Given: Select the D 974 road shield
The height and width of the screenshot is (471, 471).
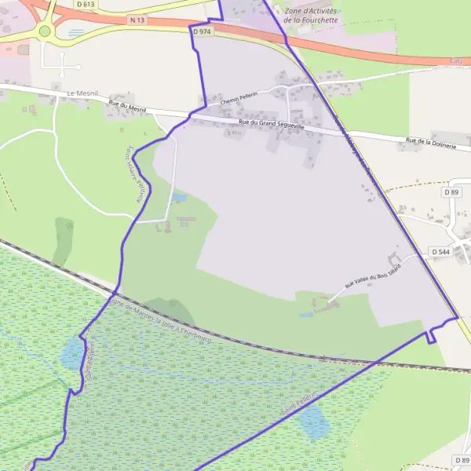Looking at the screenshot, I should (202, 31).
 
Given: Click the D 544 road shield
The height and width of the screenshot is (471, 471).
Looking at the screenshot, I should (440, 252).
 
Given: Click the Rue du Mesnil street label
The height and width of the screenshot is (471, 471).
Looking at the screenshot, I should (128, 106).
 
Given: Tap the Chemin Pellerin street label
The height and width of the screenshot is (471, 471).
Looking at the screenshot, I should (239, 99).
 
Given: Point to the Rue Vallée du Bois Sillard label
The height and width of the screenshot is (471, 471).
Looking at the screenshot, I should (373, 276).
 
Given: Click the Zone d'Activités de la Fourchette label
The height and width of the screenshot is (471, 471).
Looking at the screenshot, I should (312, 15).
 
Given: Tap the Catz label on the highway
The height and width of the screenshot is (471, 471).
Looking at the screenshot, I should (457, 60).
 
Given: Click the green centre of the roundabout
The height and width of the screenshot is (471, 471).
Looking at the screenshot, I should (45, 31).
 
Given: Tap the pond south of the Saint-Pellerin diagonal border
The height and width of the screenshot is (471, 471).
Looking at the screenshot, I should (314, 424).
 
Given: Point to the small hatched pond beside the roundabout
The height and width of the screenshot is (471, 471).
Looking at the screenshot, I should (75, 34).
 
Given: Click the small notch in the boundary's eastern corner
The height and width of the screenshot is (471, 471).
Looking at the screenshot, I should (430, 336).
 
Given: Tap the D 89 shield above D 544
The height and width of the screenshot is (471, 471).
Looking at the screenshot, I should (451, 192).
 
